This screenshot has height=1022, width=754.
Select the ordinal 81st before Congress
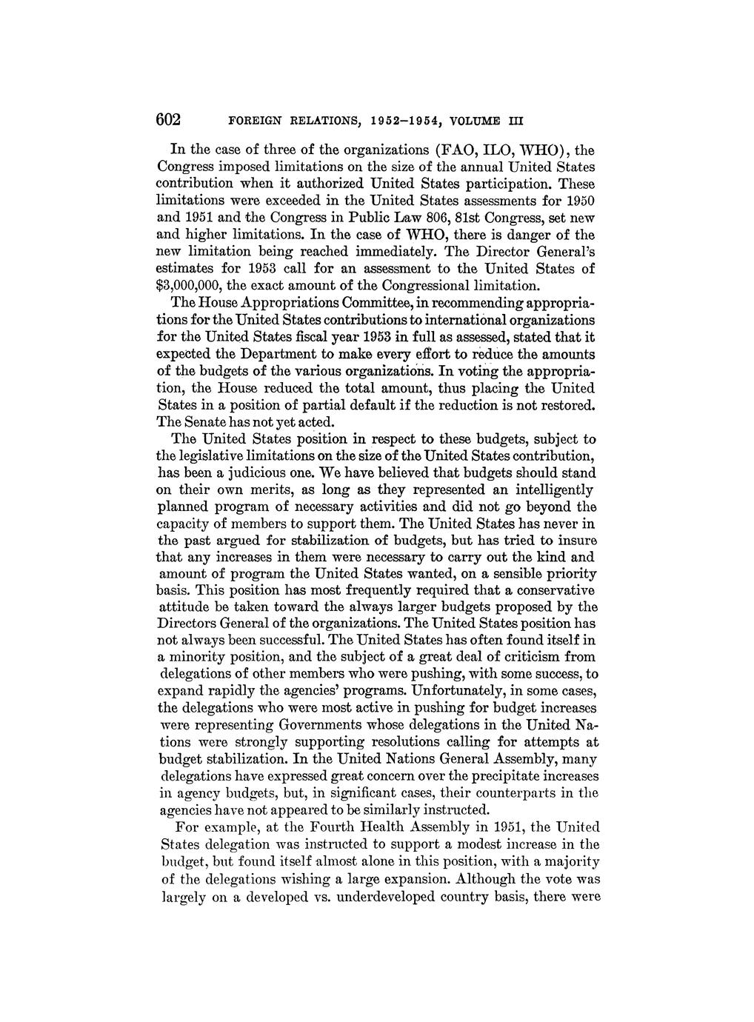click(465, 217)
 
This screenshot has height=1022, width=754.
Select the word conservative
click(544, 590)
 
